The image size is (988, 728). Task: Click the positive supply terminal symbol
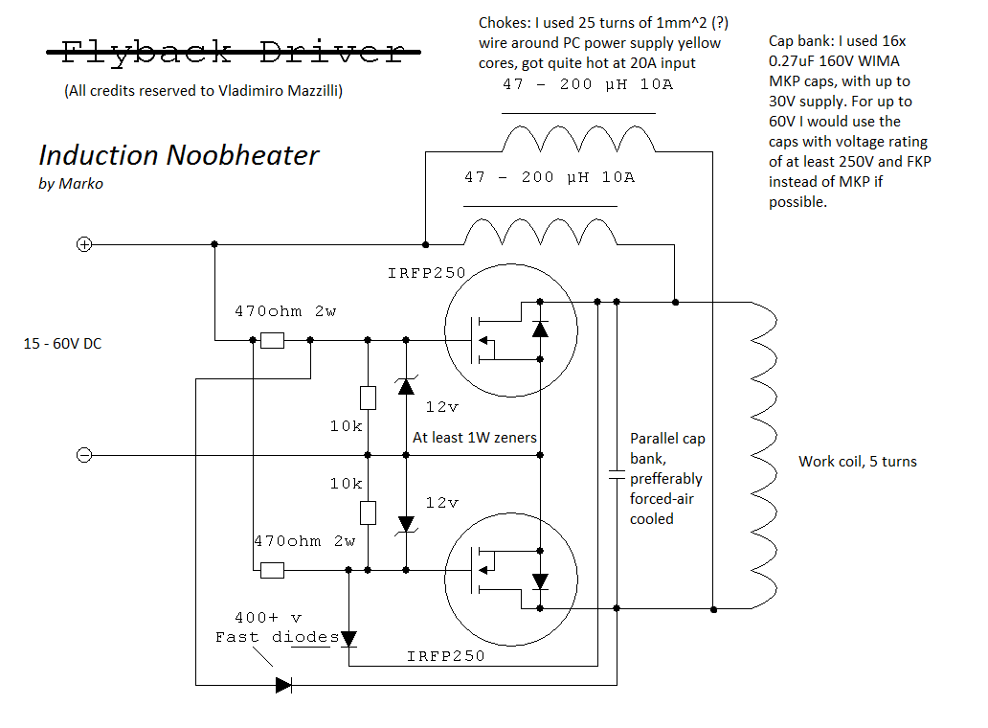pyautogui.click(x=84, y=244)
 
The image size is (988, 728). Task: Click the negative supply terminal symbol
pyautogui.click(x=84, y=455)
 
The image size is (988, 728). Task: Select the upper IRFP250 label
pyautogui.click(x=426, y=273)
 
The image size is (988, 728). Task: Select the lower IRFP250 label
pyautogui.click(x=445, y=656)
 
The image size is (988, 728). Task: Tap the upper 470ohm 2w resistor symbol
pyautogui.click(x=273, y=340)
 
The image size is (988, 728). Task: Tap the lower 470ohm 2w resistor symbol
pyautogui.click(x=273, y=570)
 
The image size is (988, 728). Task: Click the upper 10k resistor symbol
pyautogui.click(x=368, y=398)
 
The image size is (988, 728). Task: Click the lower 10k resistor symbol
pyautogui.click(x=368, y=512)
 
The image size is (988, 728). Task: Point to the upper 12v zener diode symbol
pyautogui.click(x=406, y=386)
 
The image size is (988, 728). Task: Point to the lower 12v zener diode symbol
pyautogui.click(x=406, y=524)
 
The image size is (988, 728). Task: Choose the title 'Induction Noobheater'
pyautogui.click(x=179, y=155)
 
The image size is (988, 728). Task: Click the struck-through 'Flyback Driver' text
pyautogui.click(x=233, y=52)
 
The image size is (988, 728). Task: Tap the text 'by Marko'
pyautogui.click(x=71, y=184)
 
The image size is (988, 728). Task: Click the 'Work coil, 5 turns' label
pyautogui.click(x=857, y=462)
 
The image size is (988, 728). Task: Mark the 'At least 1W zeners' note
pyautogui.click(x=474, y=438)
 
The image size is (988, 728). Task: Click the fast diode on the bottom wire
pyautogui.click(x=283, y=685)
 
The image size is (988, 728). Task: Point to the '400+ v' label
pyautogui.click(x=268, y=618)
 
